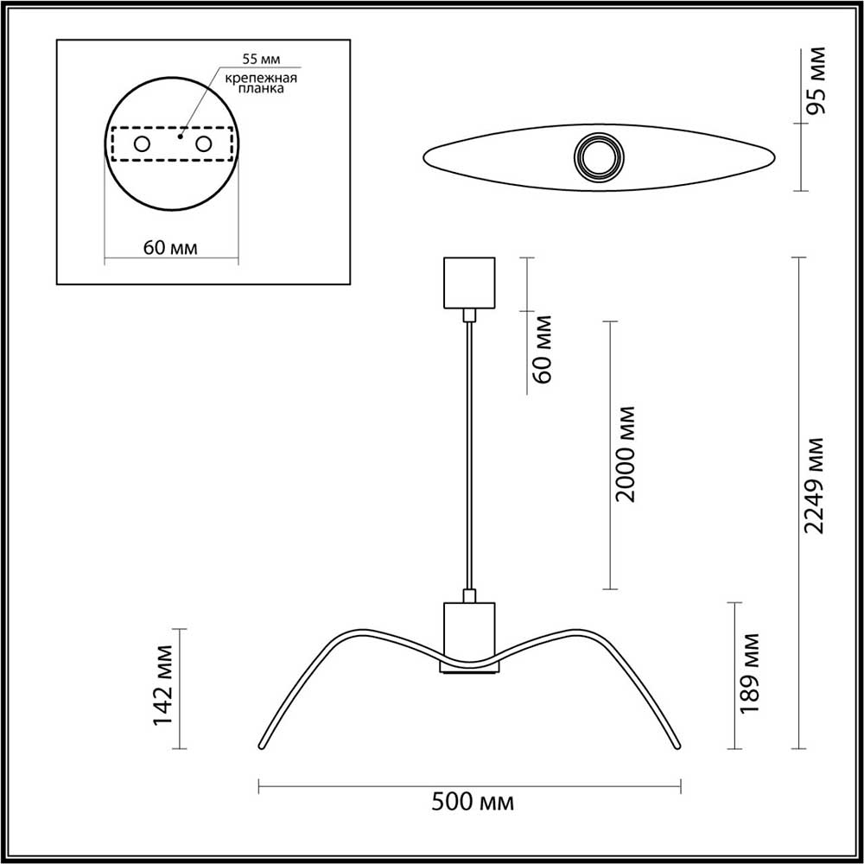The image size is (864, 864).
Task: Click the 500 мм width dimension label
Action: tap(472, 803)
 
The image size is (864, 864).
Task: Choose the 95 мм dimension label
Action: tap(816, 83)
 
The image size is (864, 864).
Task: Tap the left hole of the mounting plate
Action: tap(141, 144)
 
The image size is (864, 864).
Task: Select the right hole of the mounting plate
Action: tap(204, 144)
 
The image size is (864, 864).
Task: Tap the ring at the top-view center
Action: tap(598, 158)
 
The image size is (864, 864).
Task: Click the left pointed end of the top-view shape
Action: tap(426, 158)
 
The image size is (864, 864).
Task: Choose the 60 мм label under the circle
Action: tap(170, 248)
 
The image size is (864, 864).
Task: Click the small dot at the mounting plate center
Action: tap(180, 136)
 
